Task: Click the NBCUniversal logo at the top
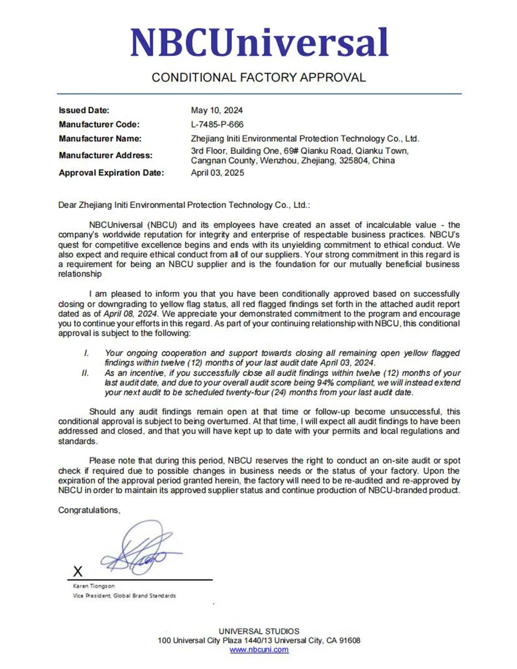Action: point(259,43)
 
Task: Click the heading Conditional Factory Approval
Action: point(258,78)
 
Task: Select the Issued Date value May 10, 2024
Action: point(217,111)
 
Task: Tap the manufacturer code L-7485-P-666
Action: point(217,125)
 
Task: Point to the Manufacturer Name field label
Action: point(100,139)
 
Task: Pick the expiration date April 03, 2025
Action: point(217,173)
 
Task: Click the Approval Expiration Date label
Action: point(111,173)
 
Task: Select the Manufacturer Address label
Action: point(105,155)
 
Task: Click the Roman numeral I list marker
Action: point(86,353)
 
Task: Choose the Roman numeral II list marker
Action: point(86,373)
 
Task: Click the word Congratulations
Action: point(89,510)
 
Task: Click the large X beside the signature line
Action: point(77,572)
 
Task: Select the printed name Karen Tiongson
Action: point(93,586)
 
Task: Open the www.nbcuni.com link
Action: point(259,650)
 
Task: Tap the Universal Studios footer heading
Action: point(259,631)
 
